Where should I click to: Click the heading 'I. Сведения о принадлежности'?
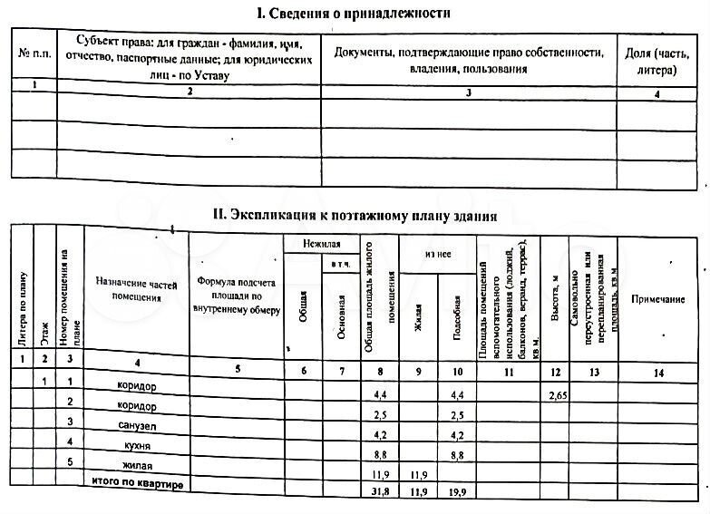(353, 14)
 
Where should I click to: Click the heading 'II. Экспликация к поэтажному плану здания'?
(354, 216)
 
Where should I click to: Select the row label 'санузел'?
(138, 425)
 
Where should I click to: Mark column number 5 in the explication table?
(237, 369)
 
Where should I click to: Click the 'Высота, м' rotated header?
(554, 298)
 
